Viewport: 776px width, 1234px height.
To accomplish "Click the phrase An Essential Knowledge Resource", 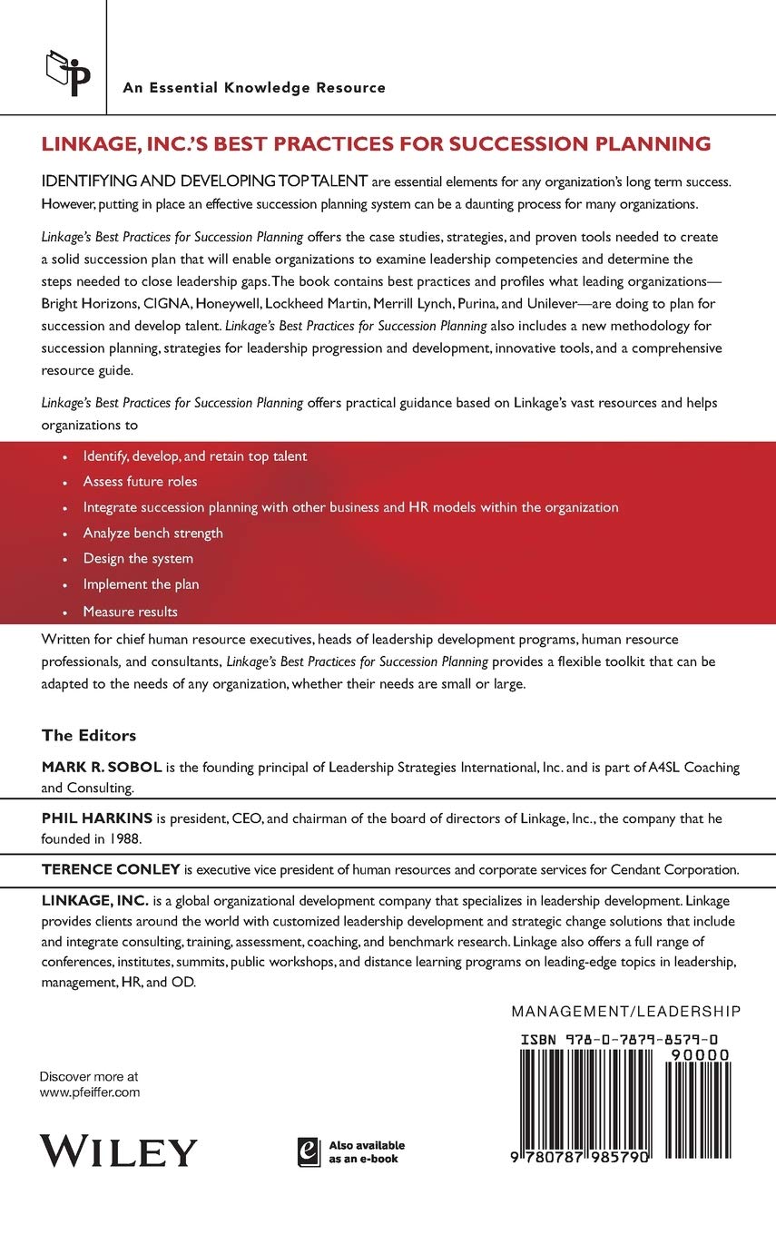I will (254, 88).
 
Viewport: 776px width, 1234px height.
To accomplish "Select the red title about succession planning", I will (376, 143).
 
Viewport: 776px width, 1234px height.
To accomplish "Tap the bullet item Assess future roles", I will (140, 482).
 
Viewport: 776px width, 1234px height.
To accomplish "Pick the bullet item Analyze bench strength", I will (152, 533).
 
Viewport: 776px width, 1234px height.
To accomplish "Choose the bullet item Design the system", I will (138, 558).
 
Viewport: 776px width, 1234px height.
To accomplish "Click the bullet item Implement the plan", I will (141, 584).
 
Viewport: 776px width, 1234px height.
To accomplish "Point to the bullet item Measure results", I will (130, 611).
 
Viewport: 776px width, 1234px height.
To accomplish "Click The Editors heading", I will (89, 735).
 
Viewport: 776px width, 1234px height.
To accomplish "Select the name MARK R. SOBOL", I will (102, 768).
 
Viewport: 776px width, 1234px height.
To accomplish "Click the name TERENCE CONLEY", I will (112, 869).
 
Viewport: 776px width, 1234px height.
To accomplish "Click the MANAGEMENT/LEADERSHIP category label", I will (626, 1011).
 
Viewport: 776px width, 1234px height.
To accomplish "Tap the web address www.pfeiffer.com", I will (90, 1093).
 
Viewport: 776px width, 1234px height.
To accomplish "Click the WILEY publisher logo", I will (118, 1151).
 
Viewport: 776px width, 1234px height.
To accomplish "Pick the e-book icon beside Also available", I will (309, 1151).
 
